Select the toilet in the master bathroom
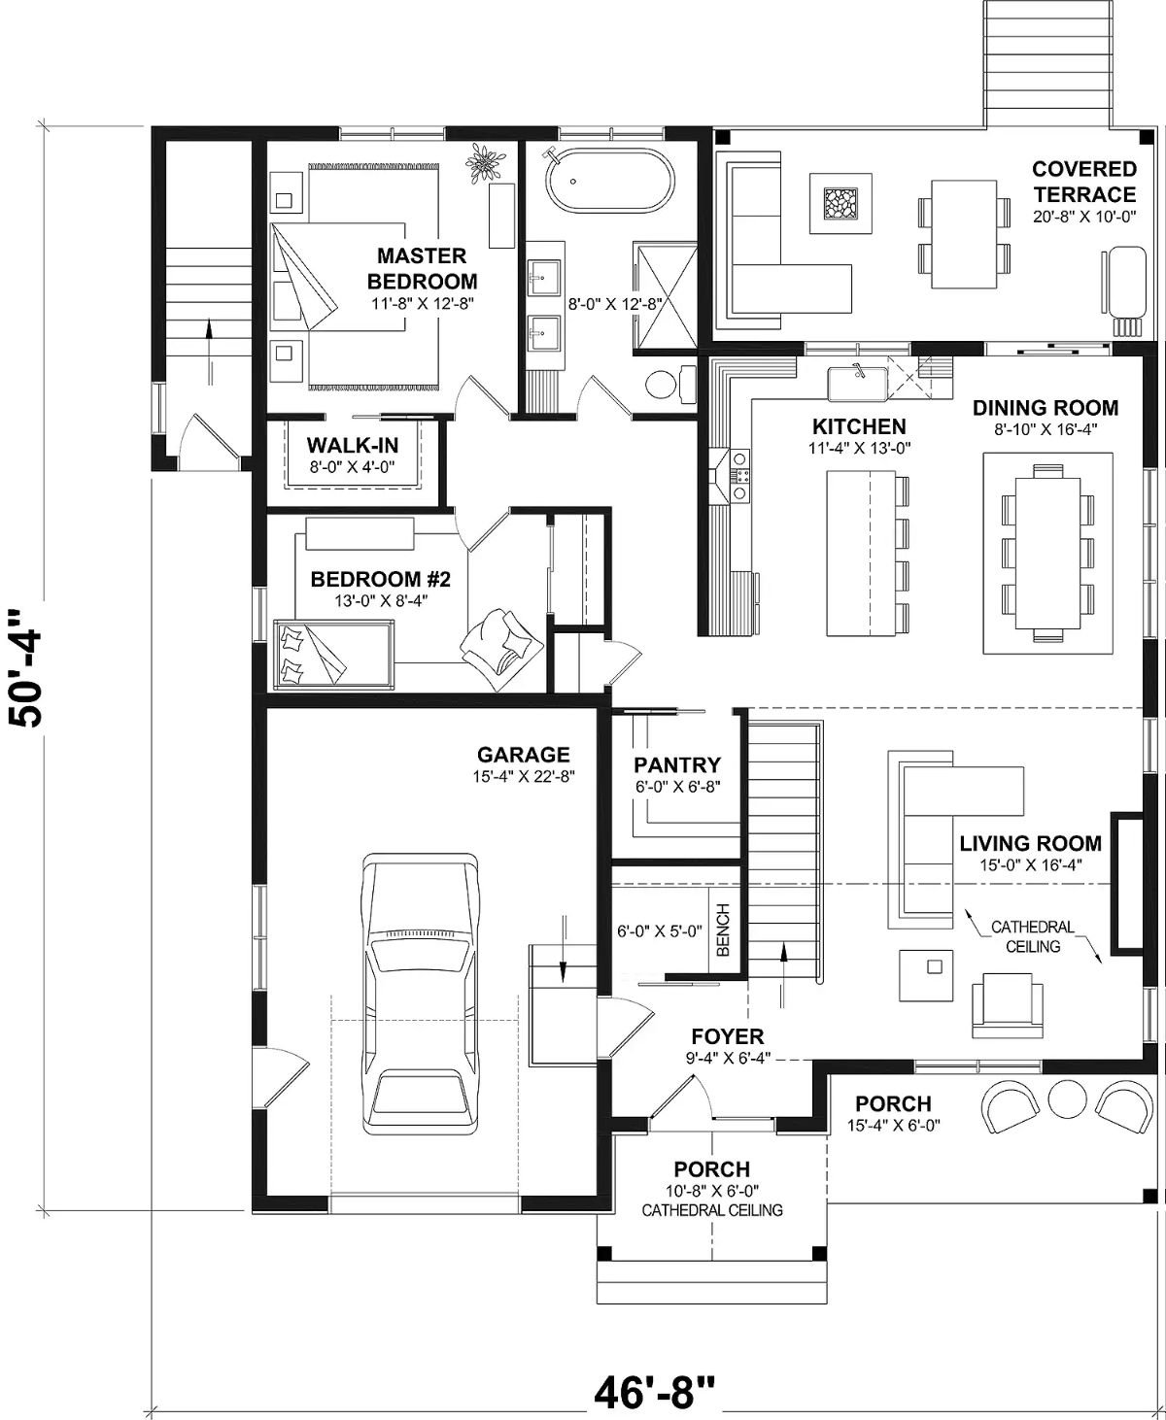665,383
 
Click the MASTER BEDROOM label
422,269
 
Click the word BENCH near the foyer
723,931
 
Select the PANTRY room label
677,764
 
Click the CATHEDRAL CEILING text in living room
1032,936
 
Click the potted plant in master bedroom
483,160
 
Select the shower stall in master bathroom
666,293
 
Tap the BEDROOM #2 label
380,580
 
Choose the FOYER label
727,1036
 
